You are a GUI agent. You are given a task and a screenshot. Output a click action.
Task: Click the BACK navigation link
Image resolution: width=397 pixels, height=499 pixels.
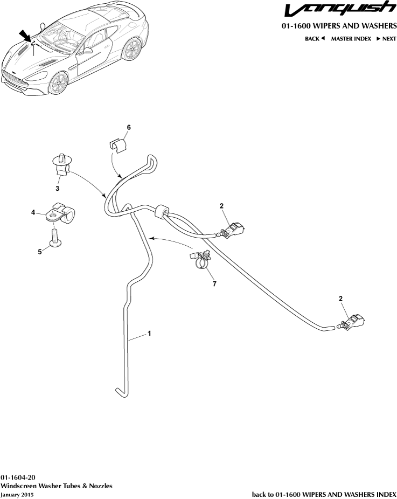click(315, 38)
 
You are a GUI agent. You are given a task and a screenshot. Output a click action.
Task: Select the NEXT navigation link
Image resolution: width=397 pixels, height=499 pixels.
click(387, 38)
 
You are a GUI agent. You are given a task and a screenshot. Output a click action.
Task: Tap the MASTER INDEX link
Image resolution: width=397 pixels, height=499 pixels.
click(351, 38)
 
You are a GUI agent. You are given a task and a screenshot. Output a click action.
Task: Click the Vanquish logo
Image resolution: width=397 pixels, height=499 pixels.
click(340, 9)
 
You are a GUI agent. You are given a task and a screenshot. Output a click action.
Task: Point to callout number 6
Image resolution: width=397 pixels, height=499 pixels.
click(129, 127)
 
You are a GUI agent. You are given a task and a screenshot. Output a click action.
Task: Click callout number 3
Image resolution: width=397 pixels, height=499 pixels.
click(58, 189)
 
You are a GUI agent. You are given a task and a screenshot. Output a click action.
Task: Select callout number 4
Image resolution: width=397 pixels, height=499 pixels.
click(33, 212)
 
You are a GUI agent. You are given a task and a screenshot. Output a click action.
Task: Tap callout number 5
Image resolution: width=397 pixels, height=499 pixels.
click(40, 252)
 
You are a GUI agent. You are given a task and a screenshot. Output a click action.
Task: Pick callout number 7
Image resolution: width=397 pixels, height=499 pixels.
click(214, 283)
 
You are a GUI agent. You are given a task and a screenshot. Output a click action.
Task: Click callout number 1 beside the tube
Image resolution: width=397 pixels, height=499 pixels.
click(149, 333)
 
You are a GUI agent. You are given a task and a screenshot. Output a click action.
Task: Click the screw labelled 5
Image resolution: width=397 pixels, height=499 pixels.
click(55, 238)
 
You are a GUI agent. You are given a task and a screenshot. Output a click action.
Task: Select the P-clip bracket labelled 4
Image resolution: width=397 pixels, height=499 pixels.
click(60, 213)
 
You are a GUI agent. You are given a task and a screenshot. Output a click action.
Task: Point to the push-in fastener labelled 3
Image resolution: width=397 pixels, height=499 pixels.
click(62, 165)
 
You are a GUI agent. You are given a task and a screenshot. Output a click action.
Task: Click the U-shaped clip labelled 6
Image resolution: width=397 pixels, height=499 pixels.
click(117, 145)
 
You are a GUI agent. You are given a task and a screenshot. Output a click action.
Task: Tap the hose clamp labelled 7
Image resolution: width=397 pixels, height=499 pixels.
click(201, 259)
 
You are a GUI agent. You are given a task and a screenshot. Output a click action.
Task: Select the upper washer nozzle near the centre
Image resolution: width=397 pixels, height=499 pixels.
click(231, 231)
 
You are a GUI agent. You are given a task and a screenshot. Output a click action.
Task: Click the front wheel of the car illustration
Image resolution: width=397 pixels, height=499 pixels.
click(58, 83)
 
